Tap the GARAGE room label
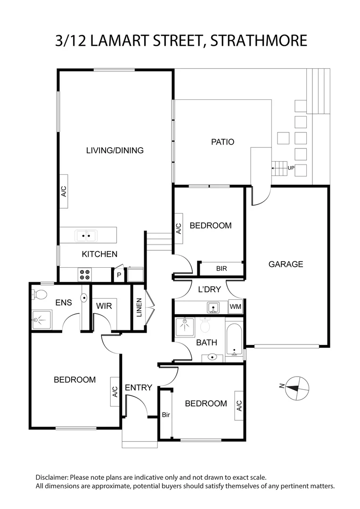(x=286, y=264)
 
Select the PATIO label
(x=222, y=141)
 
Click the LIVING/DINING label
(x=115, y=150)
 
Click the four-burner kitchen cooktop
(x=85, y=274)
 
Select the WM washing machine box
(x=235, y=307)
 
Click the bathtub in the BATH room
(x=234, y=339)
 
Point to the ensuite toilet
(x=40, y=295)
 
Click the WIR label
(x=104, y=306)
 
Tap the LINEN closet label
(x=139, y=307)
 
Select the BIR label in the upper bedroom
(x=221, y=269)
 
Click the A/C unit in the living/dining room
(x=64, y=191)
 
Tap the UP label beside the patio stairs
(x=291, y=167)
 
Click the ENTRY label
(x=138, y=387)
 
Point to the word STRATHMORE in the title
(x=259, y=41)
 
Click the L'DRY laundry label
(x=209, y=289)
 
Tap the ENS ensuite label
(x=63, y=302)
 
